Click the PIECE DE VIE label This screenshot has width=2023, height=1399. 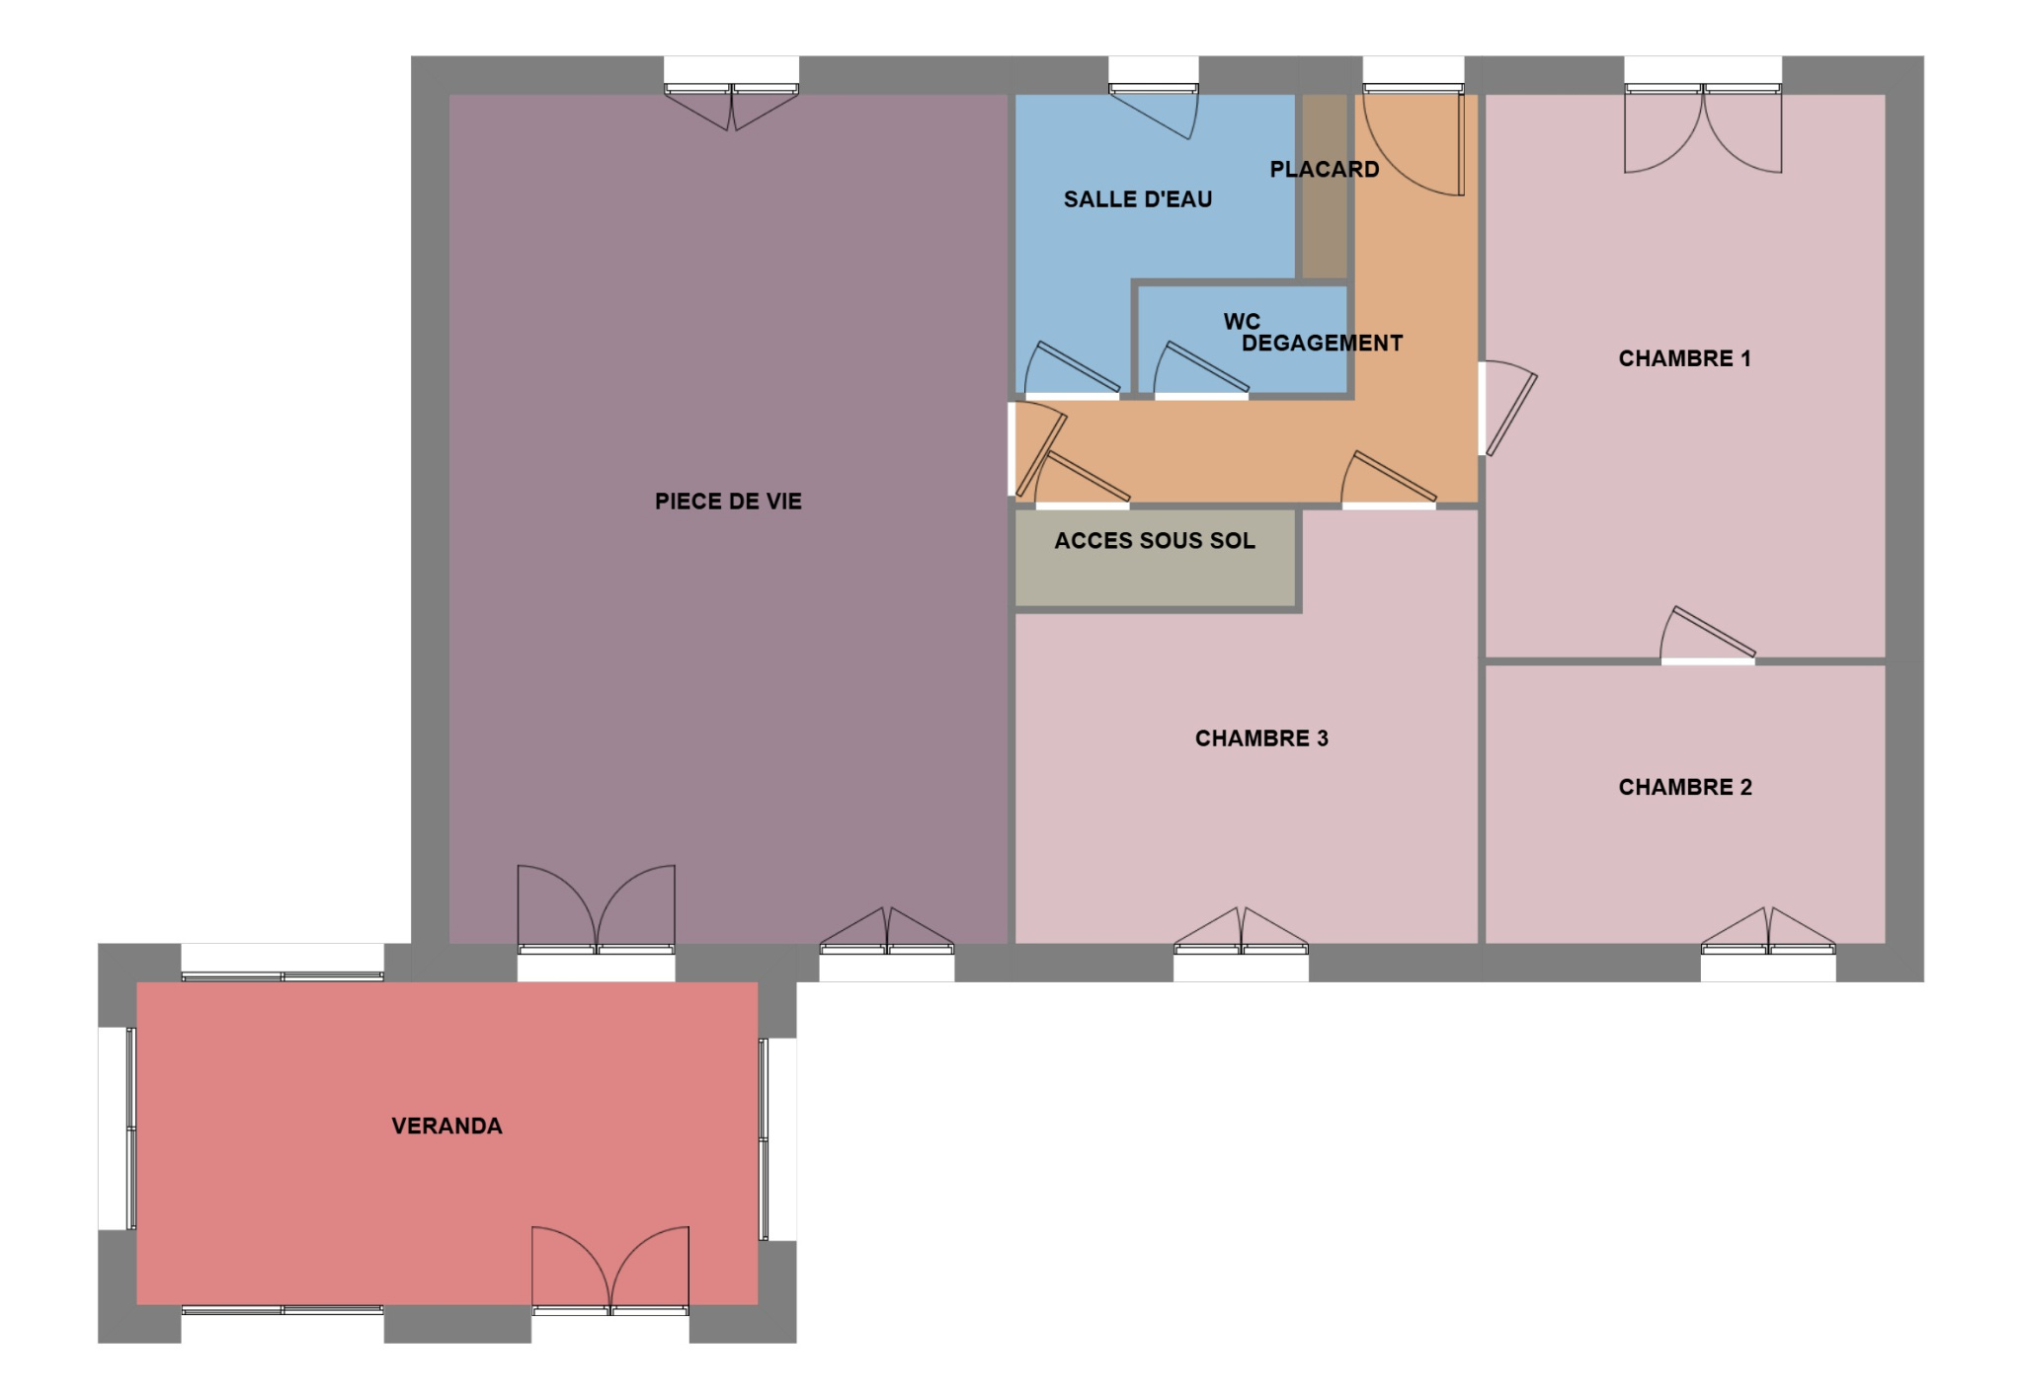tap(728, 502)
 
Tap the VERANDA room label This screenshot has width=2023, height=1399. tap(446, 1127)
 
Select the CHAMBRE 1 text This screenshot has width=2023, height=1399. tap(1684, 358)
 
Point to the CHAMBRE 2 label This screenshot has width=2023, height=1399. tap(1684, 787)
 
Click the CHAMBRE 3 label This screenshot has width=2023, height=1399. tap(1261, 738)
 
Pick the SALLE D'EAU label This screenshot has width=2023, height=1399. tap(1137, 199)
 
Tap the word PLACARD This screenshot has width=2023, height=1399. tap(1324, 170)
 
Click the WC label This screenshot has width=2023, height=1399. tap(1242, 322)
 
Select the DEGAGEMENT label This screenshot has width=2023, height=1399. tap(1322, 344)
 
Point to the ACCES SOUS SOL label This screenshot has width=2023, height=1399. tap(1155, 541)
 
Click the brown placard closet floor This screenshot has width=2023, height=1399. tap(1325, 227)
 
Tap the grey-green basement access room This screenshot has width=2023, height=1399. tap(1155, 573)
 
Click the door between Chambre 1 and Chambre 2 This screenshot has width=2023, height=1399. tap(1708, 634)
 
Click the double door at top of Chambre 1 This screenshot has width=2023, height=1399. tap(1703, 128)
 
